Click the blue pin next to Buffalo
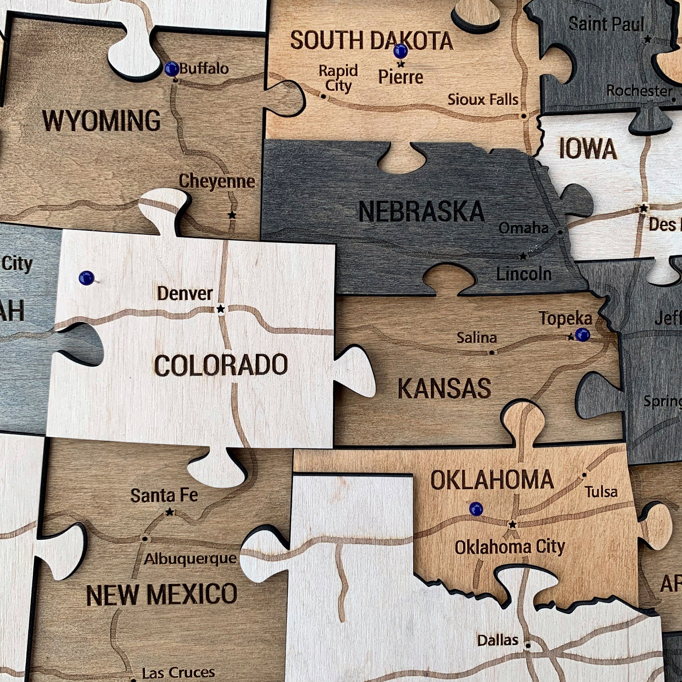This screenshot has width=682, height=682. pyautogui.click(x=172, y=69)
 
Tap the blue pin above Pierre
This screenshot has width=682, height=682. pyautogui.click(x=400, y=51)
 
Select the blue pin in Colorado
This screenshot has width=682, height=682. pyautogui.click(x=86, y=278)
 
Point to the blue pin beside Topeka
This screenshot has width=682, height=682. pyautogui.click(x=582, y=335)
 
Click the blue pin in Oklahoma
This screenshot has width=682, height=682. pyautogui.click(x=476, y=509)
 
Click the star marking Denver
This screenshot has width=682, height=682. pyautogui.click(x=221, y=309)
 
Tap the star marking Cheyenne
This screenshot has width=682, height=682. pyautogui.click(x=232, y=215)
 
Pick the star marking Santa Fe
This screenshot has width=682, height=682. pyautogui.click(x=170, y=512)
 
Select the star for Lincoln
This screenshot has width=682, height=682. pyautogui.click(x=523, y=256)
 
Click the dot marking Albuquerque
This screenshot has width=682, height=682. pyautogui.click(x=145, y=539)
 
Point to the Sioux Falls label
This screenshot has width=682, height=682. pyautogui.click(x=483, y=100)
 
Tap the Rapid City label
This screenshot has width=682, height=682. pyautogui.click(x=338, y=78)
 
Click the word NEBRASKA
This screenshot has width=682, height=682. pyautogui.click(x=422, y=212)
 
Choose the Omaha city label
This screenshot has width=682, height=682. pyautogui.click(x=524, y=228)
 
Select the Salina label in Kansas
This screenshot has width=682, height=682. pyautogui.click(x=476, y=338)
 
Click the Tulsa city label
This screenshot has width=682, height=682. pyautogui.click(x=601, y=492)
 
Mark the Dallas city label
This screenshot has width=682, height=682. pyautogui.click(x=498, y=640)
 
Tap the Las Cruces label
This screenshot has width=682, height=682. pyautogui.click(x=178, y=673)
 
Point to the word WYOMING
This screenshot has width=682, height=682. pyautogui.click(x=101, y=121)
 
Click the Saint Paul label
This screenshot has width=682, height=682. pyautogui.click(x=606, y=24)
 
